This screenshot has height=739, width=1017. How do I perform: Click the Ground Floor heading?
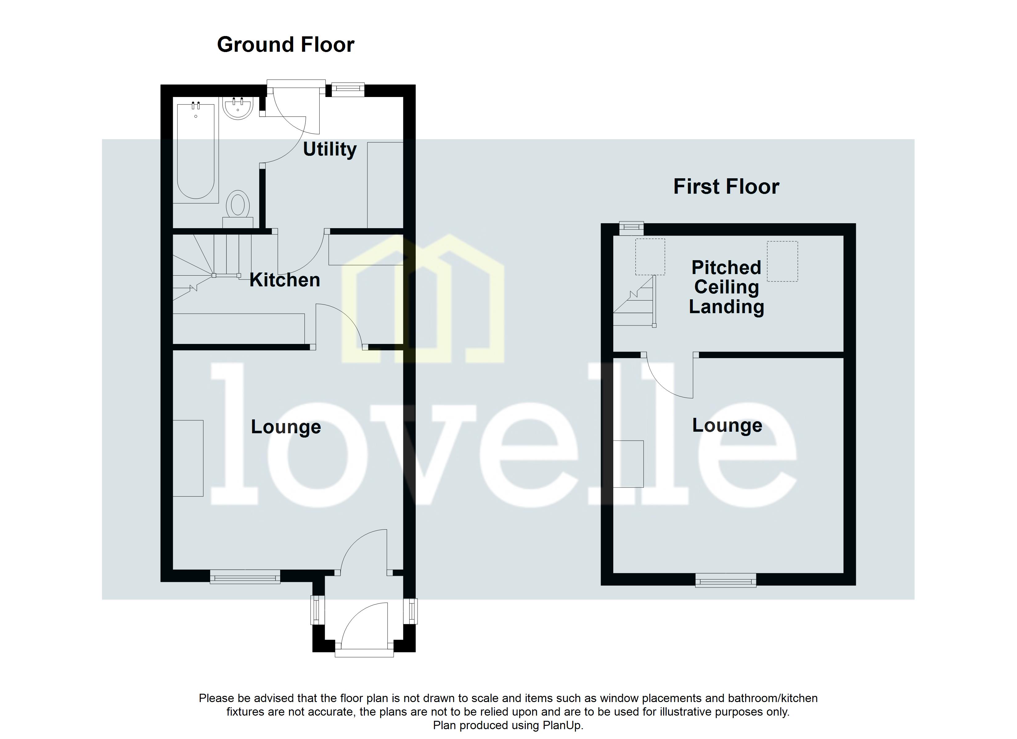click(x=286, y=45)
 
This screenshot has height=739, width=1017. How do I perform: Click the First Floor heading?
click(x=726, y=186)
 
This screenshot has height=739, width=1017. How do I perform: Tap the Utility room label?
click(x=329, y=149)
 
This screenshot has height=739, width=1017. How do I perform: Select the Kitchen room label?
click(x=285, y=280)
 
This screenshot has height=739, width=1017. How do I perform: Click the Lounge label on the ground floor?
click(x=286, y=427)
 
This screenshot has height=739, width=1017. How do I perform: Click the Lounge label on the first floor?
click(x=727, y=425)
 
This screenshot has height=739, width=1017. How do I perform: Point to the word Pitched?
click(x=726, y=268)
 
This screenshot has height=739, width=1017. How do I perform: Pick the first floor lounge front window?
click(x=725, y=581)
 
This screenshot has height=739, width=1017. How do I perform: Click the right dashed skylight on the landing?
click(x=782, y=261)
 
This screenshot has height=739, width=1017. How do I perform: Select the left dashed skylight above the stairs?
click(x=650, y=257)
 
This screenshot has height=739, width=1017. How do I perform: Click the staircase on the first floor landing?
click(x=636, y=302)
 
